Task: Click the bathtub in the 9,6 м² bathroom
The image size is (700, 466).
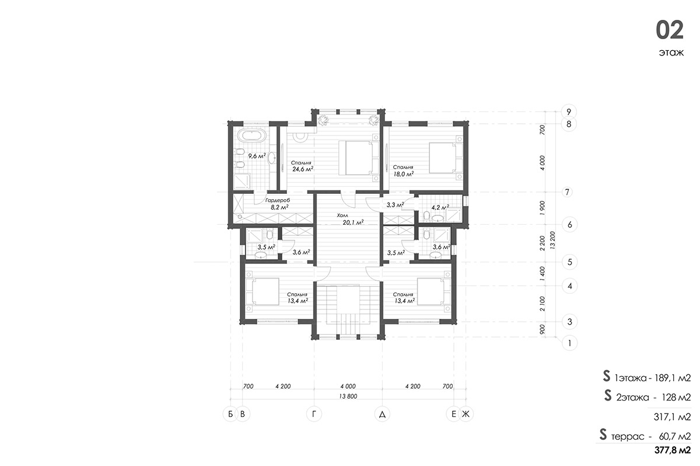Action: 252,136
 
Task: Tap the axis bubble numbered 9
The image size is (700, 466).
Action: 569,112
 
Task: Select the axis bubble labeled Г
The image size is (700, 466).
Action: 314,414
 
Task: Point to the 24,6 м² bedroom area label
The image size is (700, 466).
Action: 303,169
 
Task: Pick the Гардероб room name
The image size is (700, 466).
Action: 278,200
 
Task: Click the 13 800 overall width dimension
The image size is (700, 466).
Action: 348,397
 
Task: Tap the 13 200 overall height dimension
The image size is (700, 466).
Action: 552,240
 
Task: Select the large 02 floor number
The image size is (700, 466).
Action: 670,30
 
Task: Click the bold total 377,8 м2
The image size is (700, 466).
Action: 673,450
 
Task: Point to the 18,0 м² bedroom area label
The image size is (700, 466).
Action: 404,174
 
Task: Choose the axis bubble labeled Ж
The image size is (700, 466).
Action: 466,414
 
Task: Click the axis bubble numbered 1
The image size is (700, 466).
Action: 569,343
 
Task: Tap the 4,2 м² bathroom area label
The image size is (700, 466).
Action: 440,207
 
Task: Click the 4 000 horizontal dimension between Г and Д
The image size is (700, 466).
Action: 348,386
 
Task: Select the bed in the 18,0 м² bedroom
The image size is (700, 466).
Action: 446,158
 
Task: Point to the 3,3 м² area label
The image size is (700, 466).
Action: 395,205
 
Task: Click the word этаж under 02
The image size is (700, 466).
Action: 671,52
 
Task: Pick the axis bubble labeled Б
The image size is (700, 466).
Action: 230,414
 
